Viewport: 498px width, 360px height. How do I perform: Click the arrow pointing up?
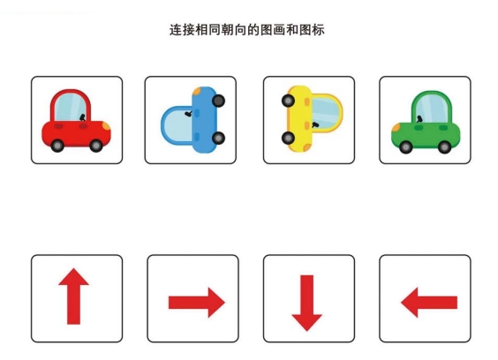coord(73,296)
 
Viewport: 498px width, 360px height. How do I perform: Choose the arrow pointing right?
coord(197,303)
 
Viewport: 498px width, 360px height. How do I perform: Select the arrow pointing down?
coord(306,304)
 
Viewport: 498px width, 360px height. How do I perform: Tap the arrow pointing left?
coord(429,303)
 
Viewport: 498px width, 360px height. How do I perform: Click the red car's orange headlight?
coord(106,126)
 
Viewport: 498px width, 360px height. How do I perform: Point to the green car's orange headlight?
coord(396,128)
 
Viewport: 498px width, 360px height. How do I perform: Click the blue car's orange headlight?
coord(197,92)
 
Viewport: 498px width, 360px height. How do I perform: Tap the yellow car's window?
coord(325,113)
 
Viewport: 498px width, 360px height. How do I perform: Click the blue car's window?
coord(177,124)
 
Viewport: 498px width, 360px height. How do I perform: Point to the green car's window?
coord(431,109)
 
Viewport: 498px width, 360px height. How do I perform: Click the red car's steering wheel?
coord(83,117)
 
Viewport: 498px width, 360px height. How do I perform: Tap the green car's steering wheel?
coord(419,119)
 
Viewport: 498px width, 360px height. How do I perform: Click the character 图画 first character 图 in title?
coord(267,30)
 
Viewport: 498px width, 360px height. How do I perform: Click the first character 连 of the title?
coord(176,30)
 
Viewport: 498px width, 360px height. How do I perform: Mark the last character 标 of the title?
coord(318,30)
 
